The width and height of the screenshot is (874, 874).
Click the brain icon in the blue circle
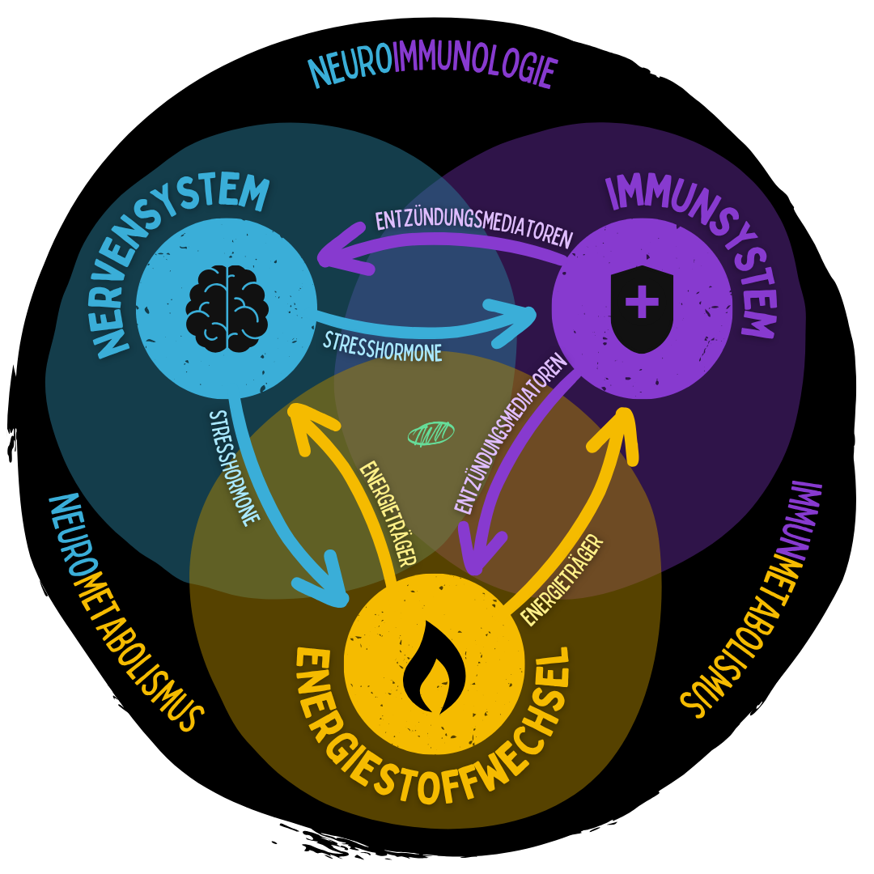point(227,308)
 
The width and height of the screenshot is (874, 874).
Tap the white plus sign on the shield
point(642,302)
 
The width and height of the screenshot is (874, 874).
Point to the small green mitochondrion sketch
point(431,434)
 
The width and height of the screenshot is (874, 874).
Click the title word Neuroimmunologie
point(433,69)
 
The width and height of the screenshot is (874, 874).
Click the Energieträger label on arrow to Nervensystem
point(388,514)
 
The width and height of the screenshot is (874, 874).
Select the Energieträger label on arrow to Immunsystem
point(562,579)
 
